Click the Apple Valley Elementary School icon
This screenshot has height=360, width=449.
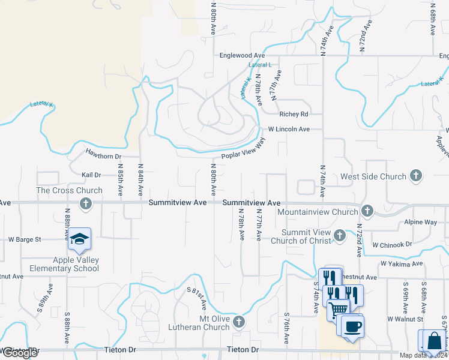pos(79,239)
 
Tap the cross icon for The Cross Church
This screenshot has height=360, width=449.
pos(86,203)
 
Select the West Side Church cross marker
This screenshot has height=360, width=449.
pos(416,176)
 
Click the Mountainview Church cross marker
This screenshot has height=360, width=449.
pos(367,211)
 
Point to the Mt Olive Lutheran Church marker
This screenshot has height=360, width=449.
pos(239,322)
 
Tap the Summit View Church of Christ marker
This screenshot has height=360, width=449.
pos(340,235)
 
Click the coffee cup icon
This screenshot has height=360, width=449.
pos(352,326)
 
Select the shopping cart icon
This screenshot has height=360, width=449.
pos(337,309)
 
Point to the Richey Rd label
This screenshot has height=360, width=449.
pos(294,114)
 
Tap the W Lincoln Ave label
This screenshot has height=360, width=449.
pos(289,129)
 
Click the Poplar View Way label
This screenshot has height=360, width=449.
pos(243,149)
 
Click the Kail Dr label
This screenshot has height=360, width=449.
pos(91,175)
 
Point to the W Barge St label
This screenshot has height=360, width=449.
pos(24,239)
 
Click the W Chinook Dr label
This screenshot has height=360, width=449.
pos(392,245)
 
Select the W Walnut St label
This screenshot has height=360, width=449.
pos(405,318)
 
